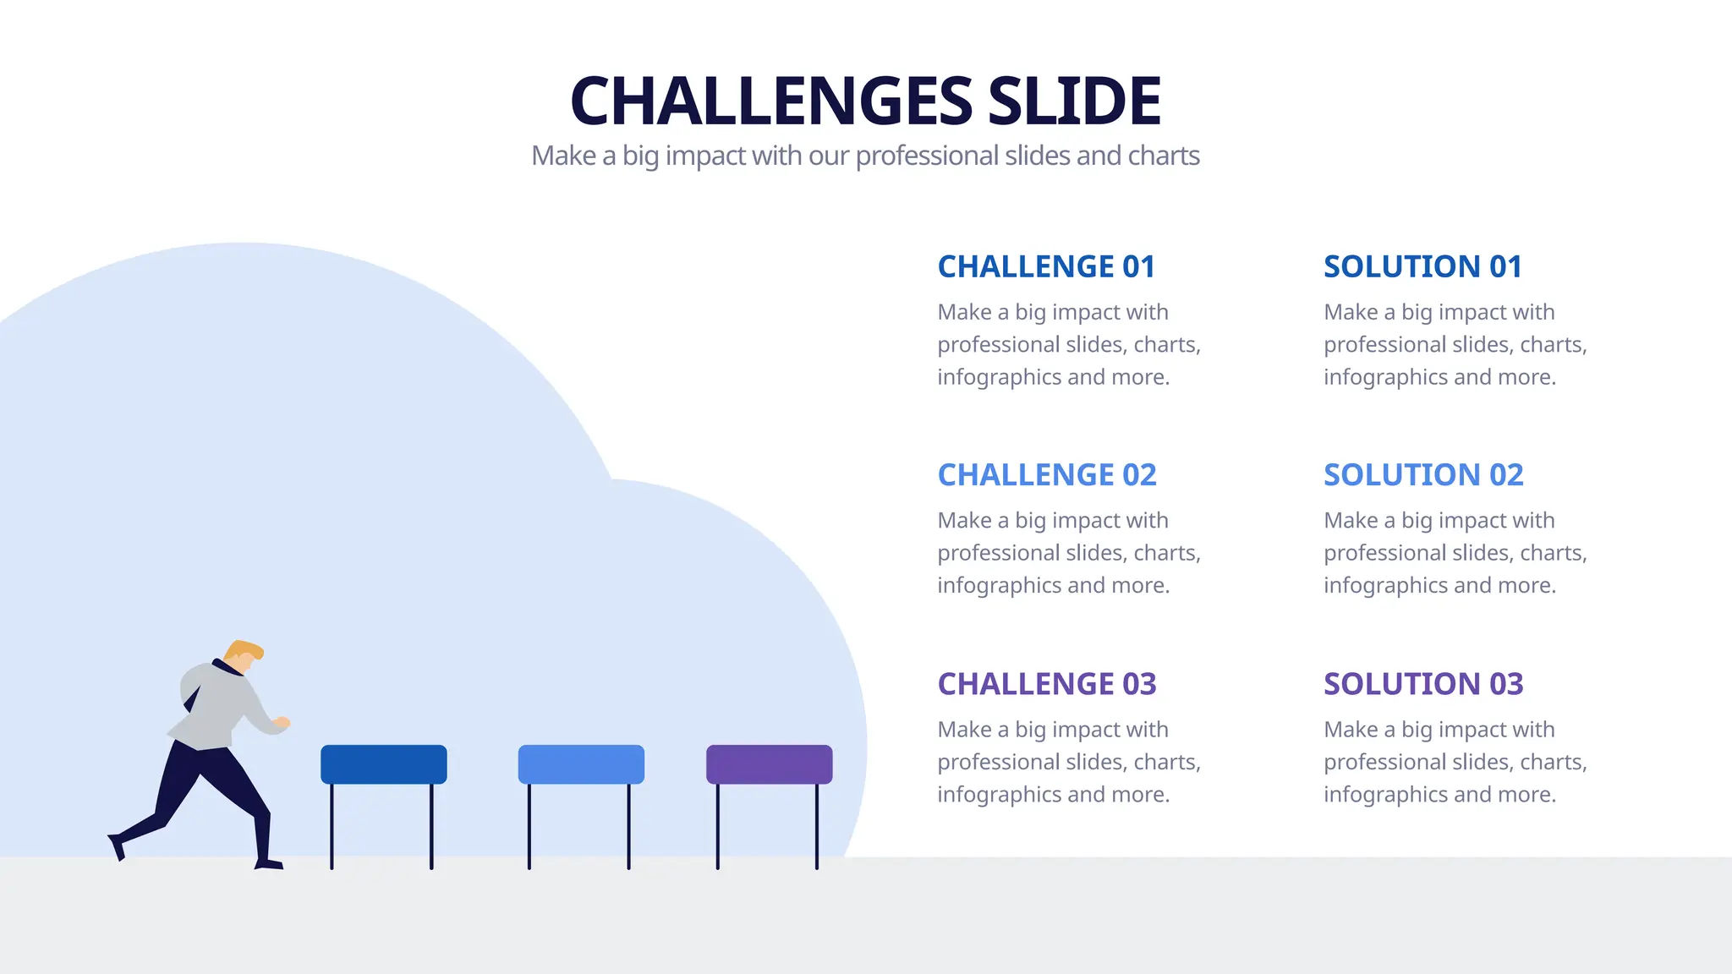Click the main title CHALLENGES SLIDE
(x=865, y=101)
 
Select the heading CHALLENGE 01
(x=1046, y=267)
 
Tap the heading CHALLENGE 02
(x=1047, y=475)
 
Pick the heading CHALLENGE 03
(x=1047, y=684)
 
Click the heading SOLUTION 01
(x=1422, y=267)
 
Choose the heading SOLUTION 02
(x=1423, y=475)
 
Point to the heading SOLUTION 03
(x=1423, y=684)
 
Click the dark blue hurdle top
(x=384, y=764)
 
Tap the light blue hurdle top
(x=581, y=764)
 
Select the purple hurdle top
(x=769, y=764)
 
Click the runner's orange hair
(x=244, y=650)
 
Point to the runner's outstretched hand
(x=282, y=723)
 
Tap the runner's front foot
(x=269, y=864)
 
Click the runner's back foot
(x=117, y=846)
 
